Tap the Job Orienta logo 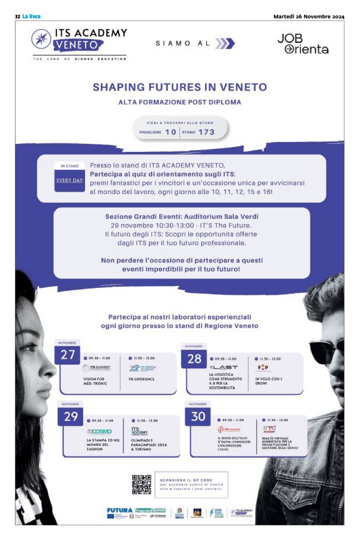(302, 43)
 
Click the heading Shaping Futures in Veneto (179, 87)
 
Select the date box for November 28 (194, 358)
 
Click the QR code (142, 484)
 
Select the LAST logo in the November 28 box (224, 367)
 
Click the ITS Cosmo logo (99, 430)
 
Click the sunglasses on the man (325, 350)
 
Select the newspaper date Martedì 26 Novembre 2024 (308, 16)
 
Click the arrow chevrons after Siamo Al (225, 43)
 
